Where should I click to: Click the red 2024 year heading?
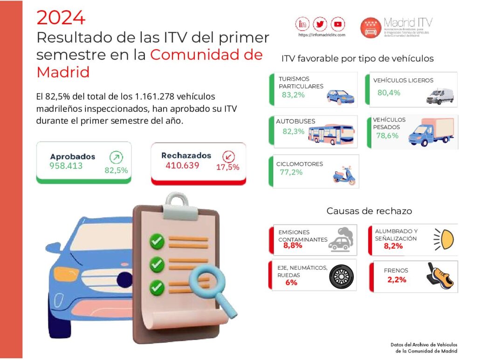click(61, 18)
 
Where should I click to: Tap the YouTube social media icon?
click(337, 24)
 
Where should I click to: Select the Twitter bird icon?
click(320, 24)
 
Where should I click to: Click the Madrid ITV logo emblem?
click(371, 27)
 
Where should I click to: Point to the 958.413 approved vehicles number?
click(66, 165)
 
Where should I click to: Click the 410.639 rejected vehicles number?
click(182, 165)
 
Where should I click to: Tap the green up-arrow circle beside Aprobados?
click(116, 157)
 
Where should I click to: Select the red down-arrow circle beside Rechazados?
click(229, 156)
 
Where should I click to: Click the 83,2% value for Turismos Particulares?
click(293, 95)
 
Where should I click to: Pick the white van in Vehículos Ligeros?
click(439, 95)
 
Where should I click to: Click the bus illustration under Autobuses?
click(331, 134)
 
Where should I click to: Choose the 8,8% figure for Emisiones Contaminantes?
click(293, 245)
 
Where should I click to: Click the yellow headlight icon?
click(443, 239)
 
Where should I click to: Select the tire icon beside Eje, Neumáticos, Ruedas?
click(342, 278)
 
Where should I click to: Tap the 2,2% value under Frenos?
click(397, 280)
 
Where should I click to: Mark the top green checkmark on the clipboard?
click(157, 241)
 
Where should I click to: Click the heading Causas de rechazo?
click(369, 211)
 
